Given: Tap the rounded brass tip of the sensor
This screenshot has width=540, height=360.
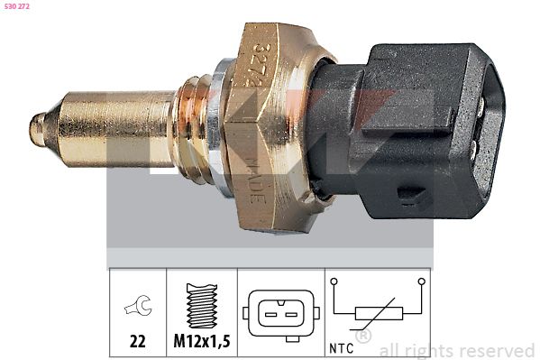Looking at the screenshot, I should click(x=36, y=129).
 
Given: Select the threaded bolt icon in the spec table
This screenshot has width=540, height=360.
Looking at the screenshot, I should click(x=202, y=306).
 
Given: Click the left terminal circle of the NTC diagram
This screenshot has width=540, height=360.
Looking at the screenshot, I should click(x=335, y=282).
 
